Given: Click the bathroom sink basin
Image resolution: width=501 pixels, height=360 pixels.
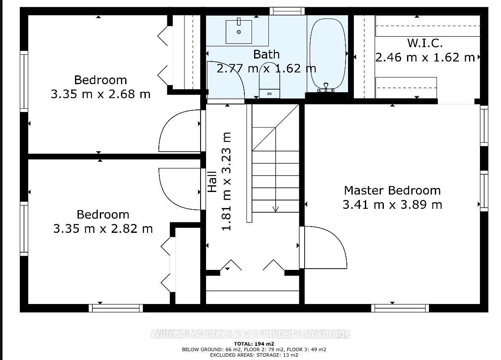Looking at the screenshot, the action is click(238, 32).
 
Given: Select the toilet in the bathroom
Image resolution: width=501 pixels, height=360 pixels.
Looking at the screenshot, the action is click(269, 81).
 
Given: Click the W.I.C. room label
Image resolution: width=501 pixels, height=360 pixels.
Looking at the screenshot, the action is click(425, 43).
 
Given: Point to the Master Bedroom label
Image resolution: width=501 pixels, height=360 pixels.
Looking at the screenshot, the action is click(392, 191).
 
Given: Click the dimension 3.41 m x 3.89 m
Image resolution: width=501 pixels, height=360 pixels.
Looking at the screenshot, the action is click(392, 205).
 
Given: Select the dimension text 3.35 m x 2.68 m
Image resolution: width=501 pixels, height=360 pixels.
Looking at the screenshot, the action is click(101, 94).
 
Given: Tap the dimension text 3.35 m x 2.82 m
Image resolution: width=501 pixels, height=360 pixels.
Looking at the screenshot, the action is click(103, 229).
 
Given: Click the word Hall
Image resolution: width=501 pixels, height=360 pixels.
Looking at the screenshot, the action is click(212, 182).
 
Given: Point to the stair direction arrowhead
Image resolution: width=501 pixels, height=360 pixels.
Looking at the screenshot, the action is click(276, 209).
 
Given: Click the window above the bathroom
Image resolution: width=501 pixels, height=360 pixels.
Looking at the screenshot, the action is click(287, 11).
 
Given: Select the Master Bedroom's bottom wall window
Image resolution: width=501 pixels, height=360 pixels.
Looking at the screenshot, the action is click(400, 308).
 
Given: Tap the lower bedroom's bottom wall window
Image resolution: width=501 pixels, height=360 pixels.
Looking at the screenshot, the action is click(116, 308).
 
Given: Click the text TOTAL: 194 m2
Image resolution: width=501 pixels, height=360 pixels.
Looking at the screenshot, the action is click(254, 344).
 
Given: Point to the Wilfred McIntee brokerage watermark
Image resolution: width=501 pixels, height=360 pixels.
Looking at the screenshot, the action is click(251, 334).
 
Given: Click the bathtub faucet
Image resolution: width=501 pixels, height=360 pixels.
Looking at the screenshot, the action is click(326, 87).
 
